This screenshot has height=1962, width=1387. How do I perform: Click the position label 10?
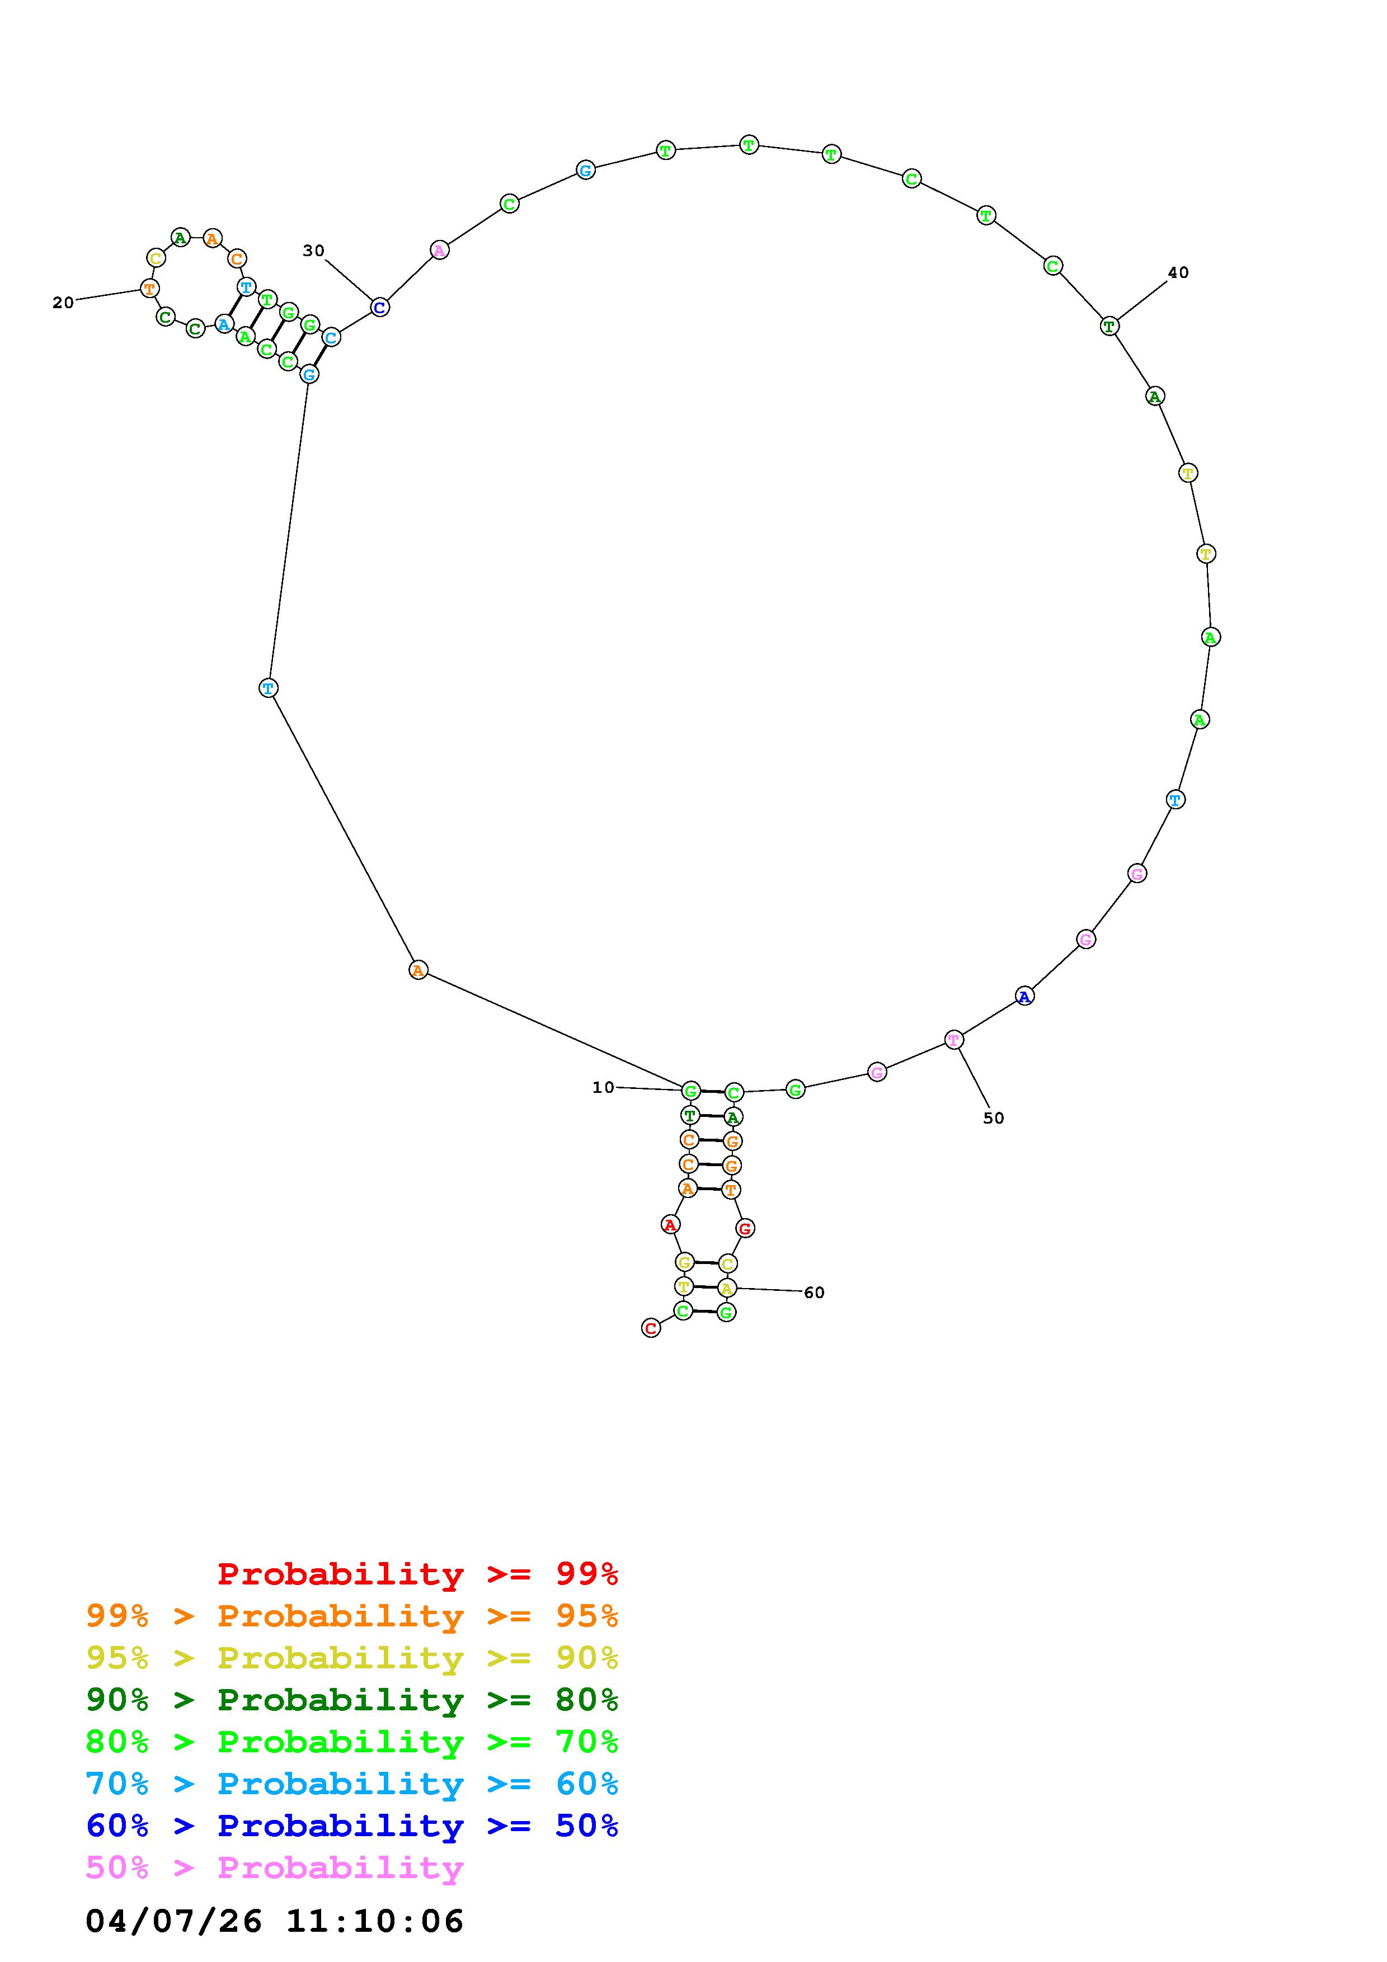pos(603,1087)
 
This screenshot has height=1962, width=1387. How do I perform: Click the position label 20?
pos(63,303)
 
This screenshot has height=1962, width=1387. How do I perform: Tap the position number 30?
pos(314,251)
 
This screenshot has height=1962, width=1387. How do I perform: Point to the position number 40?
pos(1178,272)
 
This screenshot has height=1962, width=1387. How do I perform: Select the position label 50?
pos(993,1117)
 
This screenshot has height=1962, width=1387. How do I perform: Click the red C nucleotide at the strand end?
pos(651,1328)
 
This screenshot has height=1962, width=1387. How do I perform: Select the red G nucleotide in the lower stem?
pos(745,1229)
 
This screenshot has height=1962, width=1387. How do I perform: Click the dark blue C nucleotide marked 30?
pos(379,307)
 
